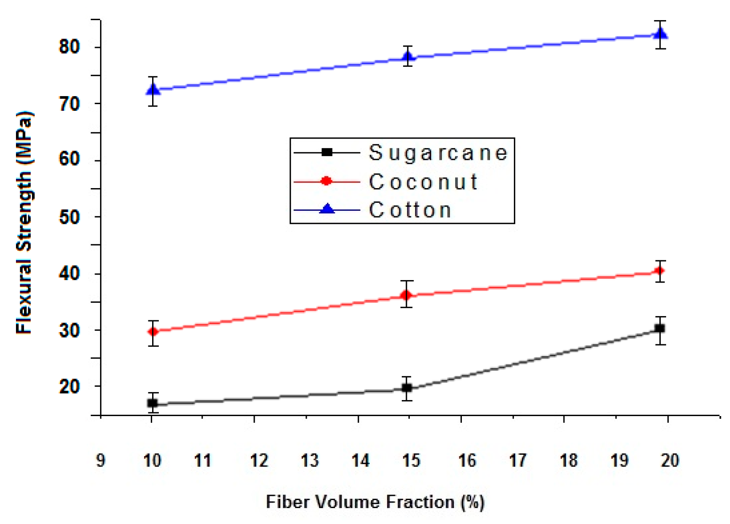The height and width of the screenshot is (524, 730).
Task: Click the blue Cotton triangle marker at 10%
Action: tap(153, 90)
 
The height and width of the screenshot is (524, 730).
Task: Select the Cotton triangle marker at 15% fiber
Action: tap(407, 56)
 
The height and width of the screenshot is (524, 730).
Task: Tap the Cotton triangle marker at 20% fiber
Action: tap(661, 34)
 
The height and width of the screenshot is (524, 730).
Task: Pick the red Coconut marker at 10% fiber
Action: tap(153, 332)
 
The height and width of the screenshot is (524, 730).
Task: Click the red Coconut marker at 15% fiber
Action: tap(406, 295)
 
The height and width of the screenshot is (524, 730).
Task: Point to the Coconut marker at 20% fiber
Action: tap(660, 271)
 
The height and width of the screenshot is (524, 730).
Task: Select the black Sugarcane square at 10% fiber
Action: tap(153, 403)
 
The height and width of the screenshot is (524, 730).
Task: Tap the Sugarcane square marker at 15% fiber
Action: tap(406, 388)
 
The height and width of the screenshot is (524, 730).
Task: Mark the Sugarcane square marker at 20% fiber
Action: tap(660, 328)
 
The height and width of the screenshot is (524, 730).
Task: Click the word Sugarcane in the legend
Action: tap(438, 152)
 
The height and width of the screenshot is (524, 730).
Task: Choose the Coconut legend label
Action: tap(423, 182)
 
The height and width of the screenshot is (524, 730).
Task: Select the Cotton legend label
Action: tap(410, 210)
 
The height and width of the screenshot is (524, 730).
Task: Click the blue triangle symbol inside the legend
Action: tap(327, 209)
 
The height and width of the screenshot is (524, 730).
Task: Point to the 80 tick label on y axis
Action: tap(69, 47)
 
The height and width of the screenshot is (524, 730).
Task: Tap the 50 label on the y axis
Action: tap(69, 217)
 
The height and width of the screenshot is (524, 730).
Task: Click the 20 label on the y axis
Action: tap(69, 387)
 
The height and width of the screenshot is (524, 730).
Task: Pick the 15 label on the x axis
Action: tap(411, 461)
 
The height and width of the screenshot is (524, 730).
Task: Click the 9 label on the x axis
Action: tap(100, 461)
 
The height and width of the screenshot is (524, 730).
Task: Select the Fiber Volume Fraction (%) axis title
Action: tap(375, 502)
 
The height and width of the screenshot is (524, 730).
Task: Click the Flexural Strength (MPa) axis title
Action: tap(24, 223)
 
